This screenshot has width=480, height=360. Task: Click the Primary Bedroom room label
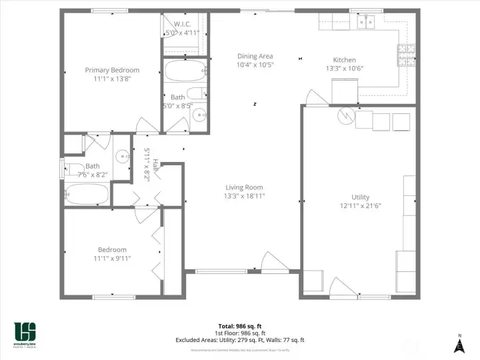112,70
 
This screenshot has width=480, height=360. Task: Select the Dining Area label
255,57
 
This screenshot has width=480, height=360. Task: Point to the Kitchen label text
344,60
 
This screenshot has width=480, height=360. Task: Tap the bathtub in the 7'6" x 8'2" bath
87,194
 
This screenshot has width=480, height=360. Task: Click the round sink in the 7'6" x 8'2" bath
122,157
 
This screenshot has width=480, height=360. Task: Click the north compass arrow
459,345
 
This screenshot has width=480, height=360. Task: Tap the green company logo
25,331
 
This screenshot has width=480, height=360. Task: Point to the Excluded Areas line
240,340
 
